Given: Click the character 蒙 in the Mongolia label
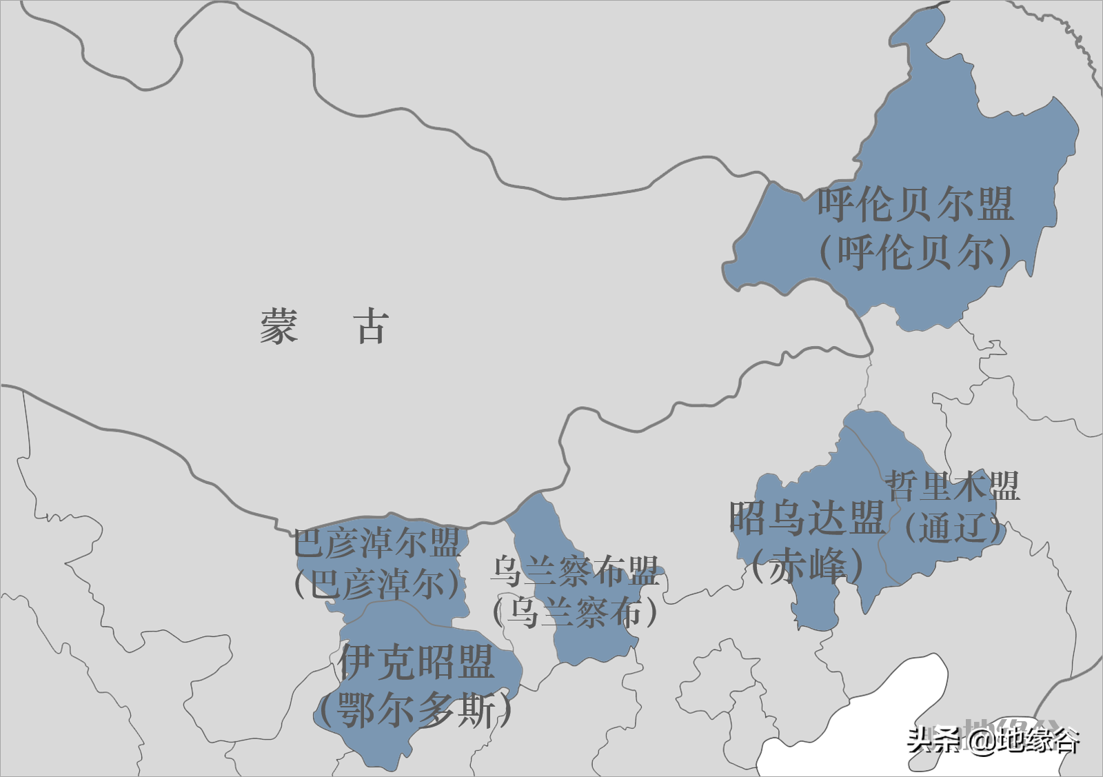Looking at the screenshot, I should pyautogui.click(x=279, y=326).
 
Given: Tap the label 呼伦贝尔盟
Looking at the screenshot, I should pyautogui.click(x=915, y=205).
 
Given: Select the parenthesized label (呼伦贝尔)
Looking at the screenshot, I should pyautogui.click(x=915, y=252).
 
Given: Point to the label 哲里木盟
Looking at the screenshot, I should pyautogui.click(x=952, y=486).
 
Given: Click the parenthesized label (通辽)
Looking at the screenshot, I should pyautogui.click(x=952, y=529).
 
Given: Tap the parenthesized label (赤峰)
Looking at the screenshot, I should pyautogui.click(x=807, y=565).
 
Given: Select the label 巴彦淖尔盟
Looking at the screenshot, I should pyautogui.click(x=377, y=543).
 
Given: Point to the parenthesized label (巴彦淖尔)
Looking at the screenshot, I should pyautogui.click(x=377, y=585).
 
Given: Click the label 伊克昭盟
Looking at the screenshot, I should pyautogui.click(x=416, y=663).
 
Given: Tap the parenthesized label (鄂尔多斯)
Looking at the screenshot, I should pyautogui.click(x=415, y=710).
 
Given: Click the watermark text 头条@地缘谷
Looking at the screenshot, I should pyautogui.click(x=993, y=740).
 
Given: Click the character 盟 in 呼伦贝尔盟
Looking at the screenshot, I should pyautogui.click(x=994, y=205).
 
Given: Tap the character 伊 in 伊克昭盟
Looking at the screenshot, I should pyautogui.click(x=358, y=663).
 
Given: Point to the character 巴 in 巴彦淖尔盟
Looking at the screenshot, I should pyautogui.click(x=308, y=543).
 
